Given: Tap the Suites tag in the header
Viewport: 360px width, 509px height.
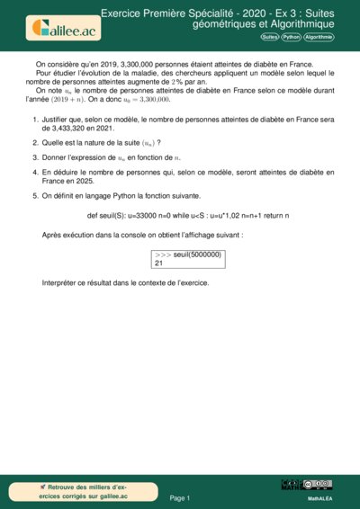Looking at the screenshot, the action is pyautogui.click(x=269, y=37).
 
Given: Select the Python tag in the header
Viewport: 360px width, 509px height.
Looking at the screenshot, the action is pyautogui.click(x=291, y=37).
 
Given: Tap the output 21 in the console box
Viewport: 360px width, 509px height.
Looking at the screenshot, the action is pyautogui.click(x=159, y=263).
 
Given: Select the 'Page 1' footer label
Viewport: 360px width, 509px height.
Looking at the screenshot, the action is pyautogui.click(x=180, y=497).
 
